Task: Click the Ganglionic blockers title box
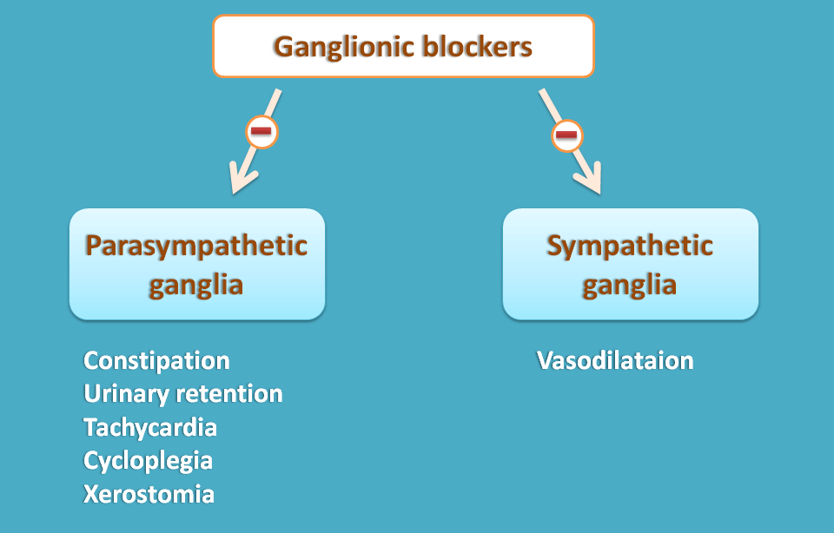point(403,45)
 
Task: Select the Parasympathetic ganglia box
point(196,264)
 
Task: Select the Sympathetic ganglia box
point(630,264)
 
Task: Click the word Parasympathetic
point(196,246)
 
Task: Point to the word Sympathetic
point(630,246)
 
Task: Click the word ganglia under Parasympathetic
point(196,285)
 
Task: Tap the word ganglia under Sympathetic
point(630,285)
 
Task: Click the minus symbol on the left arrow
point(261,132)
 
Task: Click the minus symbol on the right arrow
point(566,135)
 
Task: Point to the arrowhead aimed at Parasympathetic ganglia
point(238,182)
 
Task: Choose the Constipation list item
point(156,360)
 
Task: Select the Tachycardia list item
point(150,427)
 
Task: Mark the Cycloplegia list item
point(148,461)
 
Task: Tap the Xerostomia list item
point(149,494)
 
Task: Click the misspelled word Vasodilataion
point(615,360)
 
